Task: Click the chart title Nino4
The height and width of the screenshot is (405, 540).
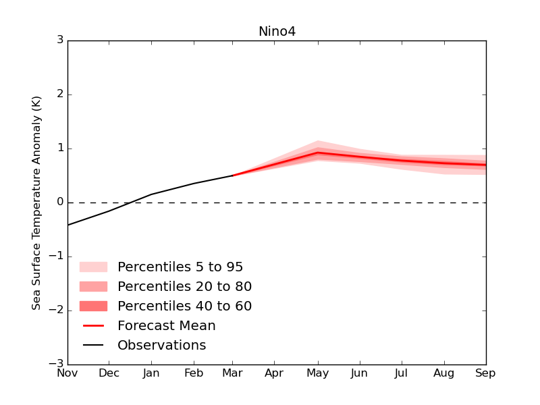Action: (277, 32)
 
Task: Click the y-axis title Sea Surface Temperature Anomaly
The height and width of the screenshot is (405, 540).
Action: (36, 202)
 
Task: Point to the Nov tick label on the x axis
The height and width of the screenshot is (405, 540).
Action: (67, 373)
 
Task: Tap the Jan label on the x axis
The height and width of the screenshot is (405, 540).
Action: (151, 373)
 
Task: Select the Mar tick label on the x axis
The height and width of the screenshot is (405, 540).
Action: (234, 373)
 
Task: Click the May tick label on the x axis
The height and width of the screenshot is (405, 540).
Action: (317, 373)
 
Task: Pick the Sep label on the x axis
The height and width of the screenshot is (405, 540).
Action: (485, 373)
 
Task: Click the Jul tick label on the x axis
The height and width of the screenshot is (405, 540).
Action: (402, 373)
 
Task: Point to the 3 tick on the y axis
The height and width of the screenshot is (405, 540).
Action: (60, 40)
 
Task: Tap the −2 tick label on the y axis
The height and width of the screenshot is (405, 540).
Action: (57, 310)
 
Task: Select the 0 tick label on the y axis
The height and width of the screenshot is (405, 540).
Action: (60, 202)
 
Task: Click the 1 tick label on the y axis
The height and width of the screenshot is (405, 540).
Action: (60, 148)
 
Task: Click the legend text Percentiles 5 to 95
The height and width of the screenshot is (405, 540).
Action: (180, 267)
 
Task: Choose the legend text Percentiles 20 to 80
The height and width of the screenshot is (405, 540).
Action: (184, 287)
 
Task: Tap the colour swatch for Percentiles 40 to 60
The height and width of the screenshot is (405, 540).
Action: (93, 306)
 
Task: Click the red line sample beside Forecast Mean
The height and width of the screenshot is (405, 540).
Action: (93, 326)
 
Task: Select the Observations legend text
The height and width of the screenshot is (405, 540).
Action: (161, 346)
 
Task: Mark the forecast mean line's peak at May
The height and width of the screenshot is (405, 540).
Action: (318, 153)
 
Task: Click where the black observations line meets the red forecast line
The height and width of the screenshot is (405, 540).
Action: (234, 175)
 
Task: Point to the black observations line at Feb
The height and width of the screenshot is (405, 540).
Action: (193, 184)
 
